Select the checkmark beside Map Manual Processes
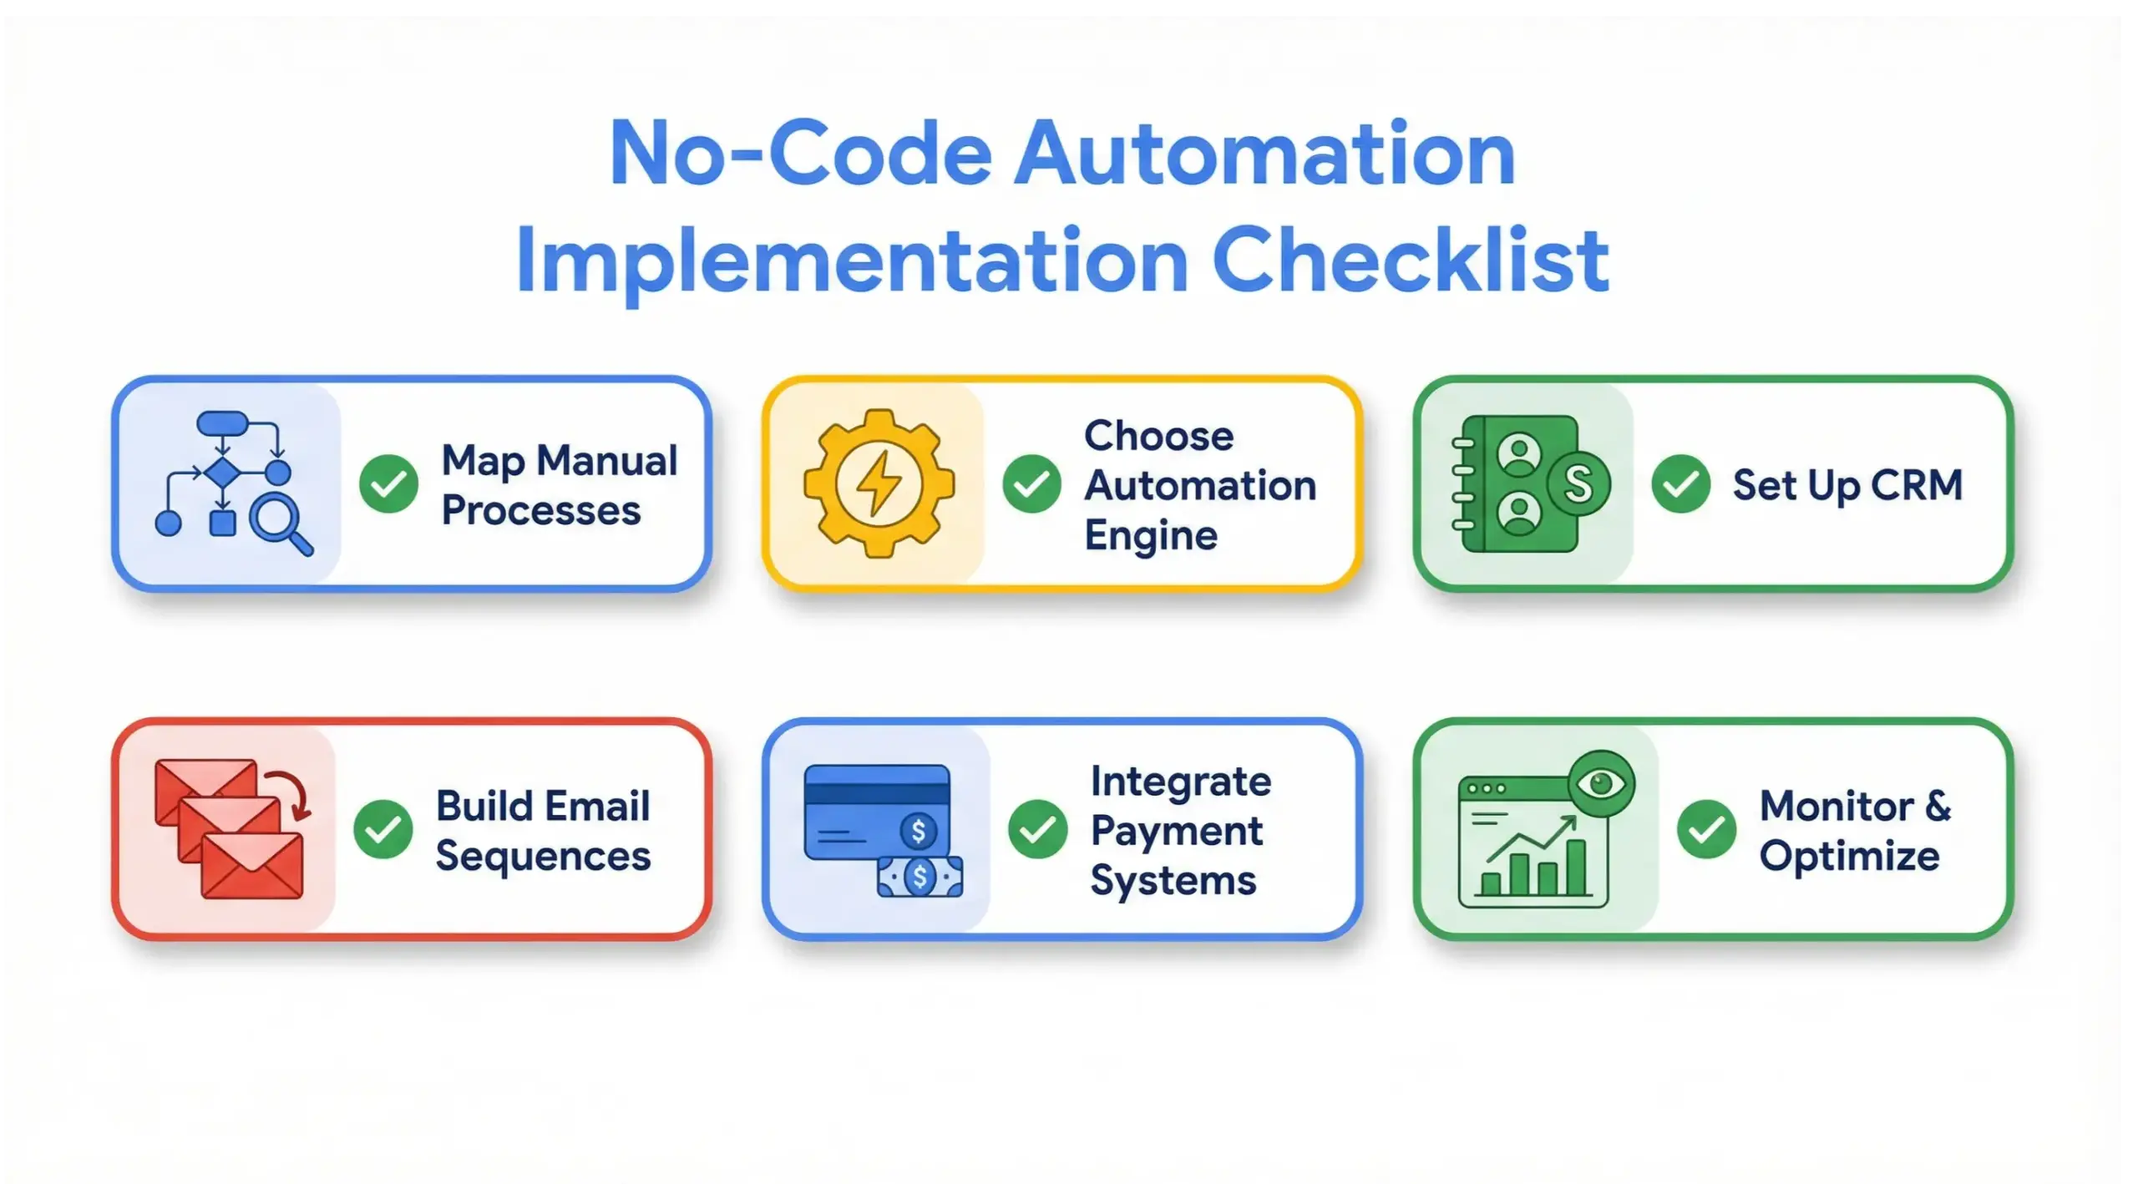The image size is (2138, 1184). [x=388, y=484]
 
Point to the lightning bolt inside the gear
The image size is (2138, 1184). [x=879, y=483]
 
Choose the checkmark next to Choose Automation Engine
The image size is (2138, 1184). [x=1031, y=484]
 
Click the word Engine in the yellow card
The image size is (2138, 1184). [x=1151, y=536]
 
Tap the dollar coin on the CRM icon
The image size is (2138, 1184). [x=1578, y=483]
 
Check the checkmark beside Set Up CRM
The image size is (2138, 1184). [x=1680, y=484]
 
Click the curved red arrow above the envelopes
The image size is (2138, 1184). [x=292, y=794]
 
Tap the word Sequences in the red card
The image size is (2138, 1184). [x=543, y=857]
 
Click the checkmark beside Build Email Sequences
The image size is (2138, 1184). [x=383, y=829]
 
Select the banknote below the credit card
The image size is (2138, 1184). [x=920, y=877]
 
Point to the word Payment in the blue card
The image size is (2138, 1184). [x=1176, y=831]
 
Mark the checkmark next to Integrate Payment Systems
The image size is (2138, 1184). [x=1037, y=829]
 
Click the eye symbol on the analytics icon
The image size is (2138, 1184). [x=1600, y=784]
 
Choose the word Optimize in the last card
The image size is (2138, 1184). [x=1849, y=857]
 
